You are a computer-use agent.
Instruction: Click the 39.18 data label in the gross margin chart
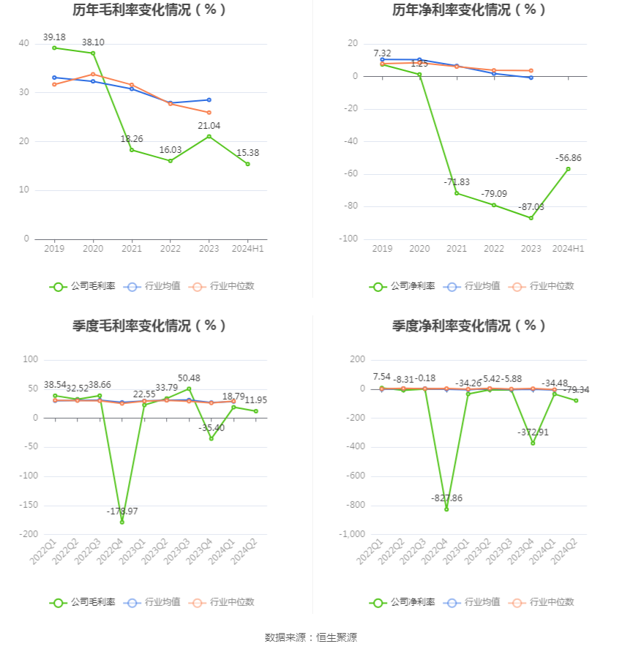[x=54, y=37]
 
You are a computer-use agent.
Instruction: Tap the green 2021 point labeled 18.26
[x=132, y=150]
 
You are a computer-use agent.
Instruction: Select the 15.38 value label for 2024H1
[x=247, y=152]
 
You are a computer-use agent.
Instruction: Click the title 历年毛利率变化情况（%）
[x=149, y=10]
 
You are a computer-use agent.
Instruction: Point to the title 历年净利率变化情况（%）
[x=469, y=10]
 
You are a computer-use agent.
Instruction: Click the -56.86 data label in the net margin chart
[x=568, y=157]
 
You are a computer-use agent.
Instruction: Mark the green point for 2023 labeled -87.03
[x=531, y=218]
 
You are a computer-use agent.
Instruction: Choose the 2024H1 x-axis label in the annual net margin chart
[x=568, y=249]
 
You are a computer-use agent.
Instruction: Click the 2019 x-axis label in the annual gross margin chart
[x=54, y=249]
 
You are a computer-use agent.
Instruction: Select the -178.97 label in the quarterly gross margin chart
[x=122, y=511]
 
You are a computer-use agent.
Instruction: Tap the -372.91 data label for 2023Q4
[x=533, y=432]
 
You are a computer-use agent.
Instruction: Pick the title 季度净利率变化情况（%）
[x=469, y=326]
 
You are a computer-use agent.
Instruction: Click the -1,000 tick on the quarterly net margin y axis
[x=350, y=534]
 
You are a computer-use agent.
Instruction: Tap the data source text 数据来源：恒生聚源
[x=310, y=637]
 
